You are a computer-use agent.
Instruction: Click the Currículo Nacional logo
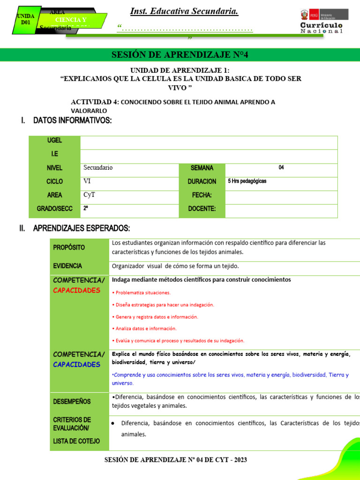pyautogui.click(x=321, y=22)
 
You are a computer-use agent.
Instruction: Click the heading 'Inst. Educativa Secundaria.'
pyautogui.click(x=184, y=12)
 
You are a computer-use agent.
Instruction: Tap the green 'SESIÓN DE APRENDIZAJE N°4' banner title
pyautogui.click(x=180, y=55)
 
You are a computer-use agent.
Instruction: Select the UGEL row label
pyautogui.click(x=54, y=140)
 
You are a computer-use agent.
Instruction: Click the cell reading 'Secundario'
pyautogui.click(x=98, y=167)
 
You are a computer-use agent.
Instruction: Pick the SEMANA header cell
pyautogui.click(x=202, y=168)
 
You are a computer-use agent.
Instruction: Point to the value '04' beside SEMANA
pyautogui.click(x=281, y=167)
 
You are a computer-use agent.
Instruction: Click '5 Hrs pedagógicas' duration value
pyautogui.click(x=247, y=181)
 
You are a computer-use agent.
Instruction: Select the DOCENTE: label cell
pyautogui.click(x=202, y=209)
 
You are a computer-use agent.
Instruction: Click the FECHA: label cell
pyautogui.click(x=202, y=195)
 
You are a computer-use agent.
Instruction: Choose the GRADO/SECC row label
pyautogui.click(x=55, y=209)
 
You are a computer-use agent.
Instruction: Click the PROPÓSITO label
pyautogui.click(x=69, y=247)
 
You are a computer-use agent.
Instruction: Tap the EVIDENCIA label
pyautogui.click(x=67, y=266)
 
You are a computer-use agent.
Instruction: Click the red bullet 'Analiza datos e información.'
pyautogui.click(x=146, y=329)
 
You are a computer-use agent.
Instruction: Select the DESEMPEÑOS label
pyautogui.click(x=72, y=401)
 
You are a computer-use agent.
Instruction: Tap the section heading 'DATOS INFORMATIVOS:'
pyautogui.click(x=72, y=121)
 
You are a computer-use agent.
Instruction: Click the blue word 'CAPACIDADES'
pyautogui.click(x=77, y=364)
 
